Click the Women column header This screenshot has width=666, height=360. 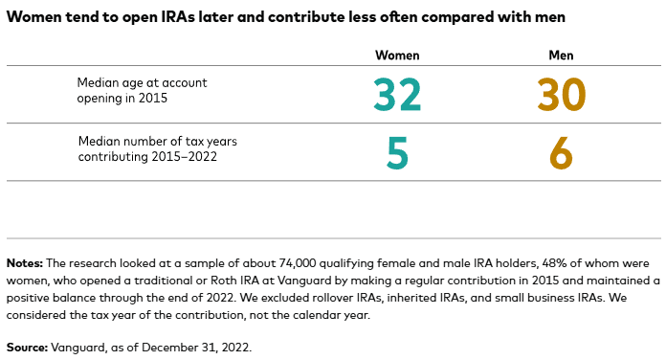[x=396, y=56]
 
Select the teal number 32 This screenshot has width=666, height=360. [x=396, y=94]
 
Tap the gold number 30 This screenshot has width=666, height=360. [x=561, y=94]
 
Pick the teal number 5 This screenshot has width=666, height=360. [x=397, y=153]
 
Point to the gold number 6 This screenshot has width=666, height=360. [x=561, y=153]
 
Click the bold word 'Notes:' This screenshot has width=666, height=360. [x=25, y=262]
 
